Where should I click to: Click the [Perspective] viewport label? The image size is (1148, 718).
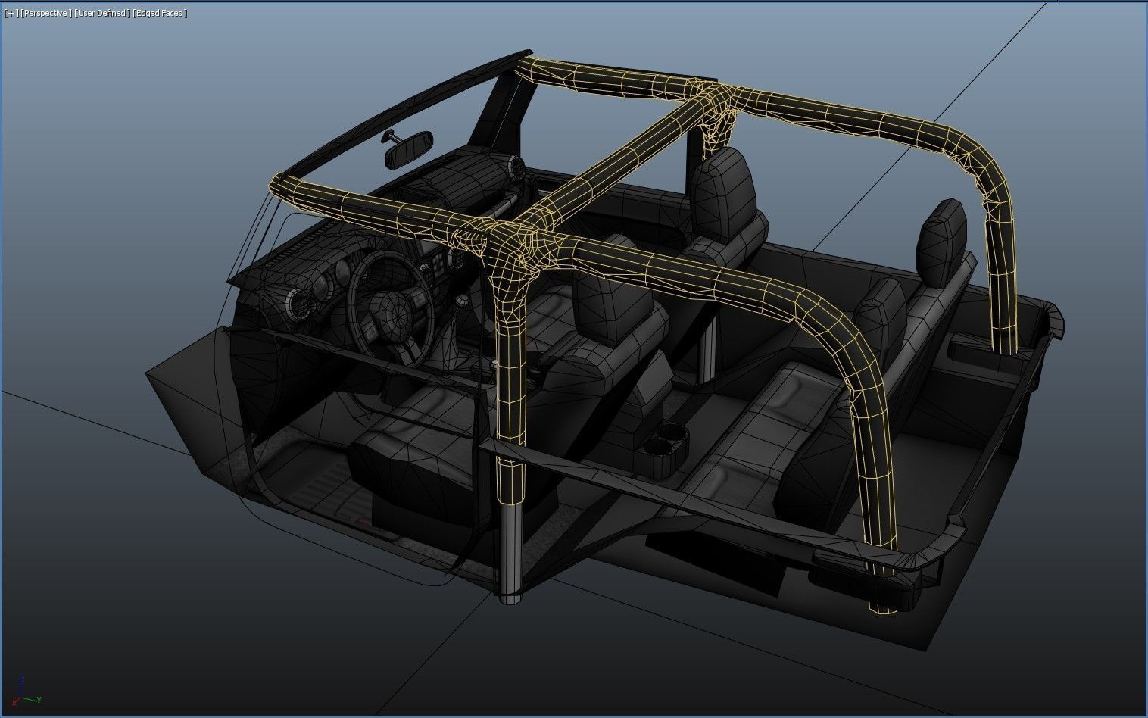(46, 14)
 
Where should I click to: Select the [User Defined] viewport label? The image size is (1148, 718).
(101, 14)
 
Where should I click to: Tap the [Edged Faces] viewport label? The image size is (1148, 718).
(160, 14)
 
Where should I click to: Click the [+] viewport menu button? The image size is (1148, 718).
(11, 14)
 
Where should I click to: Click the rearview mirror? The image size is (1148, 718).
(409, 151)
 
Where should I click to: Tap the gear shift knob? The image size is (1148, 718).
(460, 302)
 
